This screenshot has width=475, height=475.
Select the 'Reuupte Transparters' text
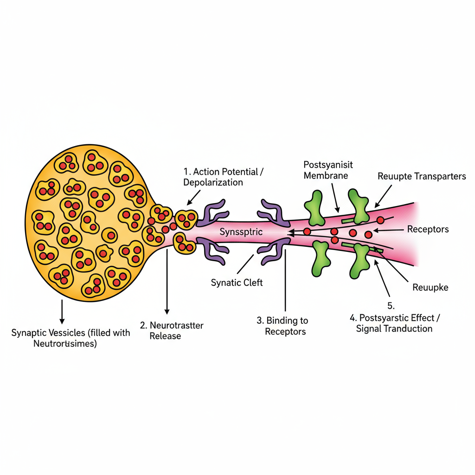[x=422, y=176]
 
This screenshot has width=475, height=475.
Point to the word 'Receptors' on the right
[x=428, y=229]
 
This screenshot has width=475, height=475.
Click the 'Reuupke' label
[x=430, y=287]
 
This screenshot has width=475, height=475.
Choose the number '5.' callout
[x=390, y=306]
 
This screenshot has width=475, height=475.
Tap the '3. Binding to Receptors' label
[x=282, y=326]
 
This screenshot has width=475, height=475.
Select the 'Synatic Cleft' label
[x=237, y=282]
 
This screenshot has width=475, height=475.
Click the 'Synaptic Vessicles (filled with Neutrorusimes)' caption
[x=71, y=338]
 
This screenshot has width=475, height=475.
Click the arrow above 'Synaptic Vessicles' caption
[x=62, y=311]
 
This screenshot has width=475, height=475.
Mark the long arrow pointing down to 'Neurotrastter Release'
[x=166, y=283]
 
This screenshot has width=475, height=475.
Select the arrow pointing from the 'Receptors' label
[x=390, y=230]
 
